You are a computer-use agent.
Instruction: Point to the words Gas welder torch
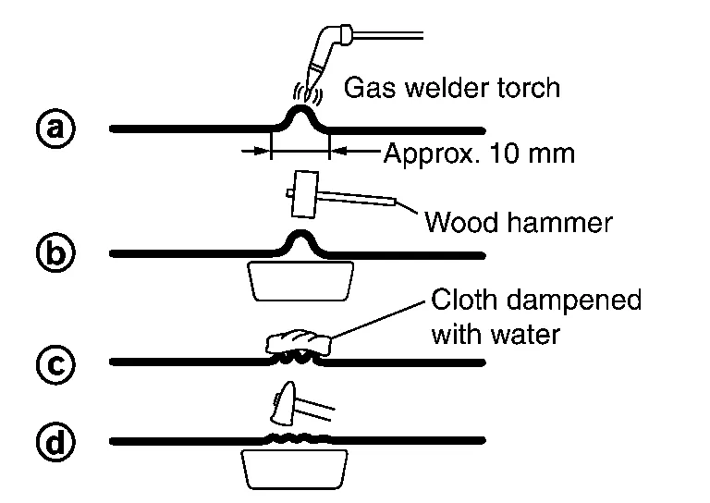[452, 89]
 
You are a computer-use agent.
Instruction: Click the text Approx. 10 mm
[479, 153]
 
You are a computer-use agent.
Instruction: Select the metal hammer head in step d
[286, 403]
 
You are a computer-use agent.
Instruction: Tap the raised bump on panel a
[300, 117]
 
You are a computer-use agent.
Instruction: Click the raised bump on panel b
[300, 240]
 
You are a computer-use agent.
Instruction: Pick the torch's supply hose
[388, 35]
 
